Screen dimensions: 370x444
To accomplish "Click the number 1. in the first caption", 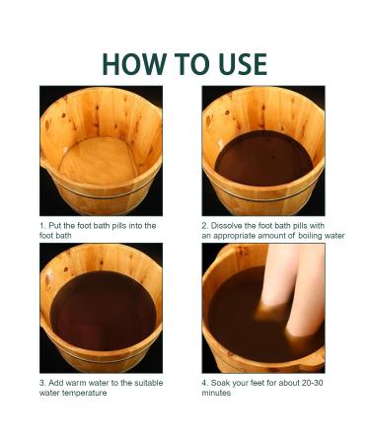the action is pos(42,226).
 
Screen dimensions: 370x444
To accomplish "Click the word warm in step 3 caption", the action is pos(76,383).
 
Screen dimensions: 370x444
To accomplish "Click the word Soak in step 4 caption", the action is pos(219,383).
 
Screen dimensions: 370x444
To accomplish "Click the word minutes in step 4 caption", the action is pos(216,393).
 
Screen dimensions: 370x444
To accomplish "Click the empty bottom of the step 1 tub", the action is pos(99,161).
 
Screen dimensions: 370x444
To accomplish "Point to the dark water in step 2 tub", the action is pos(263,158).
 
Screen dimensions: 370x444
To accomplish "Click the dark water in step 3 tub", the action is pos(103,311).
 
